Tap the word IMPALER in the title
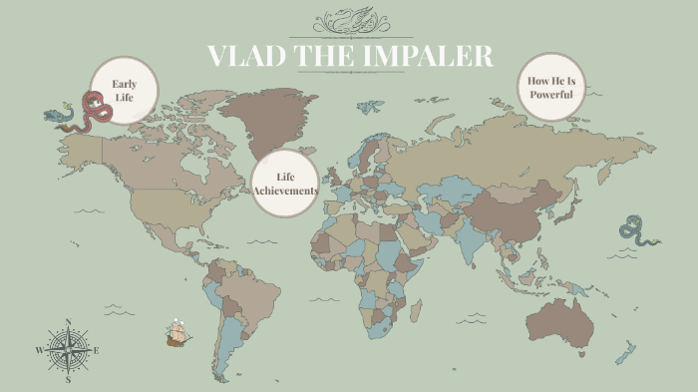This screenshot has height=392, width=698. coord(433,57)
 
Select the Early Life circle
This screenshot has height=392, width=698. coord(125,91)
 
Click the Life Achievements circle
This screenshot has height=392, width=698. coord(285,185)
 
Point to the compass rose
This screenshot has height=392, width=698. coord(68,350)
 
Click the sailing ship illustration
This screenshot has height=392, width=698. coord(178,333)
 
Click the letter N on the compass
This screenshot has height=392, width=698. coord(68,321)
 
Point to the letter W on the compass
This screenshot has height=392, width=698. coord(40,351)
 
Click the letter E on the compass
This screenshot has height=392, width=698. coord(96,350)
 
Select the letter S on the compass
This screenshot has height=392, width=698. coord(68,380)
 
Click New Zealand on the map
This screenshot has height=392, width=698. coord(626,351)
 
